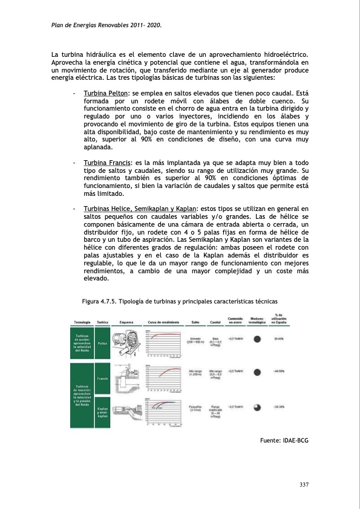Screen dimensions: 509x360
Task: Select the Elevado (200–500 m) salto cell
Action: coord(195,340)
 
